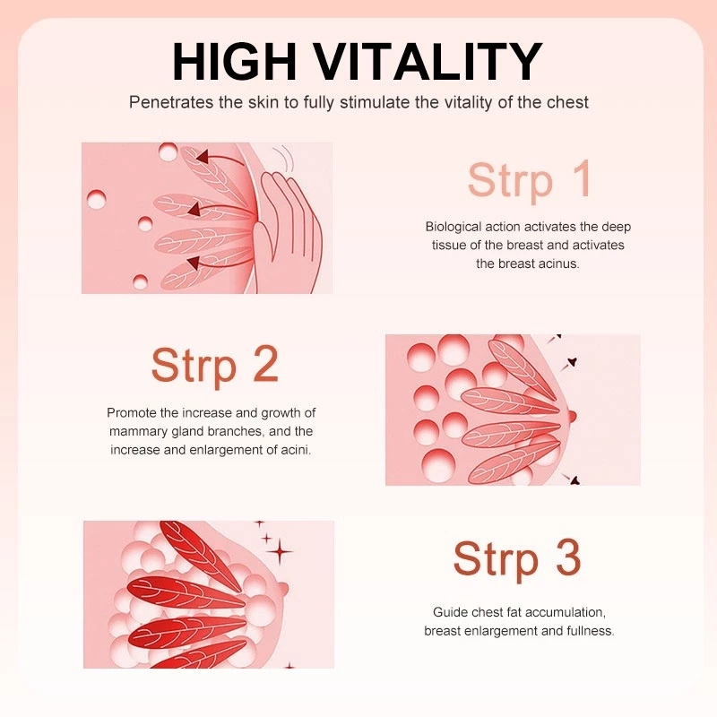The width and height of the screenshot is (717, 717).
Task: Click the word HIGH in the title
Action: click(x=234, y=61)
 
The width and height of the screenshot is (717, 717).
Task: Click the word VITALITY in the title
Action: click(x=428, y=61)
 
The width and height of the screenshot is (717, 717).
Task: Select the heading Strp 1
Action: click(x=529, y=180)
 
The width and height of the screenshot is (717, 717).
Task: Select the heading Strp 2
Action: click(x=214, y=366)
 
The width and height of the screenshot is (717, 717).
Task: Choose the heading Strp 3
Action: click(x=517, y=558)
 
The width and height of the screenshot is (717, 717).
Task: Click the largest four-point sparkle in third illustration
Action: click(x=280, y=552)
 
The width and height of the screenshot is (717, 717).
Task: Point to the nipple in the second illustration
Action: click(x=572, y=416)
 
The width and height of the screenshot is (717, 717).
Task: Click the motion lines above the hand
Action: click(x=283, y=158)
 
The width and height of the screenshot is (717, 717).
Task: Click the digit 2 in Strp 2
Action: click(x=265, y=364)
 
